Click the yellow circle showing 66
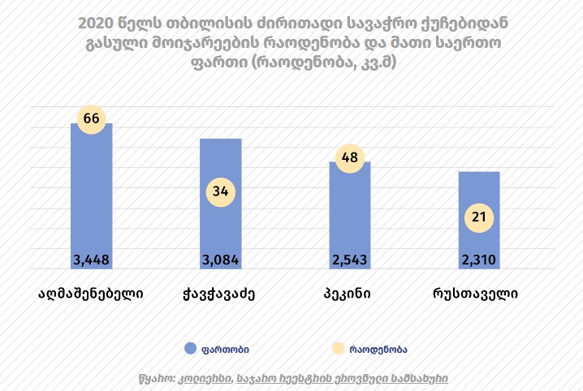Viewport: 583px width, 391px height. [91, 118]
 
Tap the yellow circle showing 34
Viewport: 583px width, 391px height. [220, 192]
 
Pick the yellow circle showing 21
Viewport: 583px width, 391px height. [479, 217]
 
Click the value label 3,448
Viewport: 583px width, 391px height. [91, 260]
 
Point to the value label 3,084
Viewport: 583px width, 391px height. [220, 260]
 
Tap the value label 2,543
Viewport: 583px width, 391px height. [350, 260]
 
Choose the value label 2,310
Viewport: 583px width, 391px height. [479, 260]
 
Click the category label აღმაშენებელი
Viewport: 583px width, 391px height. [91, 294]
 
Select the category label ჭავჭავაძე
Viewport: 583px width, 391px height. [220, 294]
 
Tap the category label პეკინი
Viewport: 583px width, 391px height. [350, 294]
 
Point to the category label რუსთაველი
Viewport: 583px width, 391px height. [479, 294]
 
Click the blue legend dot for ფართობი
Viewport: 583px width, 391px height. [191, 348]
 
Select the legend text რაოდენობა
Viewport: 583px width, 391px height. [378, 349]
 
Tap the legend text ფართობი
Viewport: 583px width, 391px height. [227, 349]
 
